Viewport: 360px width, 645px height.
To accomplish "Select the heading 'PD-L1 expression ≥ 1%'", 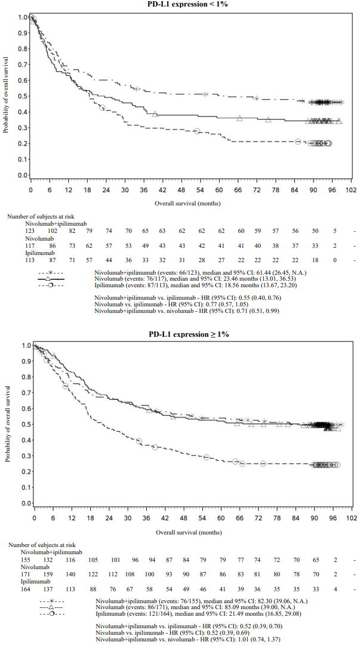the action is point(189,334).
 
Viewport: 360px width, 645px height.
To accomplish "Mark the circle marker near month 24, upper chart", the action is point(103,107).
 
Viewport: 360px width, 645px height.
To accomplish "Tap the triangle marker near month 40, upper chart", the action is point(155,113).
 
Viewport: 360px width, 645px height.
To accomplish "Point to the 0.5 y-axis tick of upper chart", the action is point(22,96).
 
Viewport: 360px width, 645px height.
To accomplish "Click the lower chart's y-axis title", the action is point(7,424).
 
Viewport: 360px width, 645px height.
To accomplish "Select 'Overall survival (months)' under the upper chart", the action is point(188,204).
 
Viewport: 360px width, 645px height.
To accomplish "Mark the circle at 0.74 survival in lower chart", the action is point(65,386).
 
